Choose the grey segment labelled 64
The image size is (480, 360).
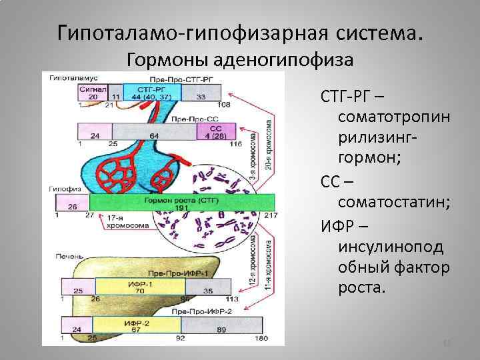(x=155, y=135)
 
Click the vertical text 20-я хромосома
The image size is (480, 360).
(x=269, y=144)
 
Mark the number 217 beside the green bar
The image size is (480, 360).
(x=271, y=215)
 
